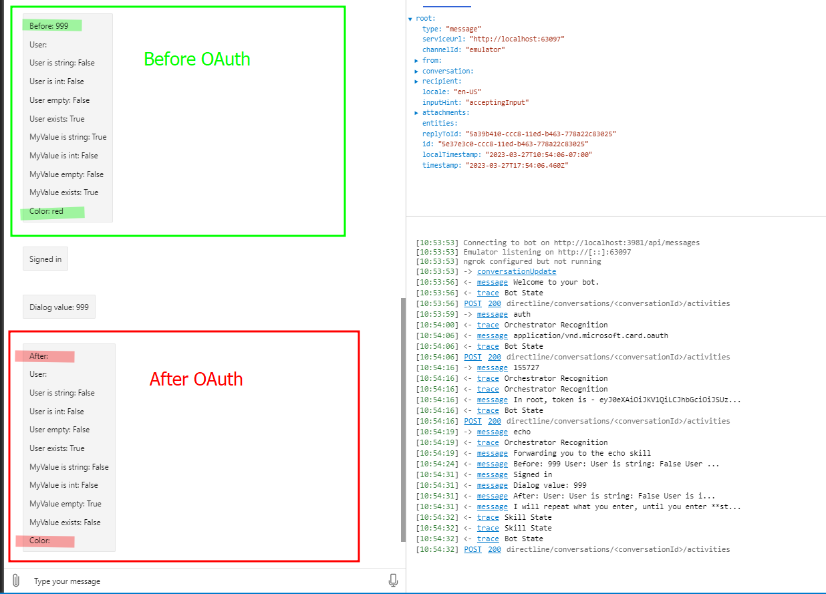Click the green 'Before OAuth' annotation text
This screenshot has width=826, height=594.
point(196,59)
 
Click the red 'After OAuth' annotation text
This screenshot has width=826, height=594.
point(196,380)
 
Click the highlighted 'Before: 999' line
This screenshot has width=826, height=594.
point(49,26)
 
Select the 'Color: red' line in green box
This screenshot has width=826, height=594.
point(47,212)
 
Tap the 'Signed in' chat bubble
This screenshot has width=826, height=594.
point(45,259)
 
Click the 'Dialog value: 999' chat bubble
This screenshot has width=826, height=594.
point(59,308)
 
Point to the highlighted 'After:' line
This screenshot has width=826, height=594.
point(39,357)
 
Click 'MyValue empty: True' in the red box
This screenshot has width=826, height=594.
point(65,504)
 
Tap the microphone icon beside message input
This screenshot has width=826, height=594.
point(393,581)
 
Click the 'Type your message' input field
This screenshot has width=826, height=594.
point(200,581)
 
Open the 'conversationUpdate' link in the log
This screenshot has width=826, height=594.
point(516,272)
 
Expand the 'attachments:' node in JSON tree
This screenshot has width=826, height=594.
point(416,113)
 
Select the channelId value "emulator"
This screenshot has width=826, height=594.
point(485,49)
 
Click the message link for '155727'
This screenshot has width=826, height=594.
point(492,368)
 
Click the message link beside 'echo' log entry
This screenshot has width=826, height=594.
point(492,432)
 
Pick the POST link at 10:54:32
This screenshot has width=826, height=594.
point(472,550)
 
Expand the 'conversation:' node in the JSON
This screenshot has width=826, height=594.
point(416,71)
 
